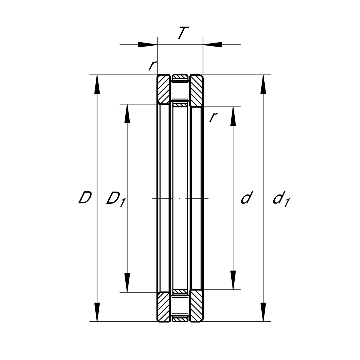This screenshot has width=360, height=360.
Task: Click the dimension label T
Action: tap(183, 33)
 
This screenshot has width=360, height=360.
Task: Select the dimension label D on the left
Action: tap(85, 197)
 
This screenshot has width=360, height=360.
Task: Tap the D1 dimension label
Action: tap(116, 199)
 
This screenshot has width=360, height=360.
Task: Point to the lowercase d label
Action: tap(247, 197)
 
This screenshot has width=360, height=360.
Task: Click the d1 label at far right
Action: tap(281, 199)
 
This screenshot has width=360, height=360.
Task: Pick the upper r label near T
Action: tap(152, 65)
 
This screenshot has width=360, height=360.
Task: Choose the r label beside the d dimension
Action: tap(213, 117)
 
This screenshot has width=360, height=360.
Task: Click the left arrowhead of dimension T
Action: tap(148, 45)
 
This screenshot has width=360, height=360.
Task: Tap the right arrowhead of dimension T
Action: tap(212, 45)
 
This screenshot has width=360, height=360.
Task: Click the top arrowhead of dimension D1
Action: tap(127, 114)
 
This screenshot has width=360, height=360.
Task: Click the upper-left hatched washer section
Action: tap(164, 89)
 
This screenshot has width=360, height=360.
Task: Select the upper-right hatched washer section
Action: tap(196, 91)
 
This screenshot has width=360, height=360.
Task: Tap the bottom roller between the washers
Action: tap(180, 306)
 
